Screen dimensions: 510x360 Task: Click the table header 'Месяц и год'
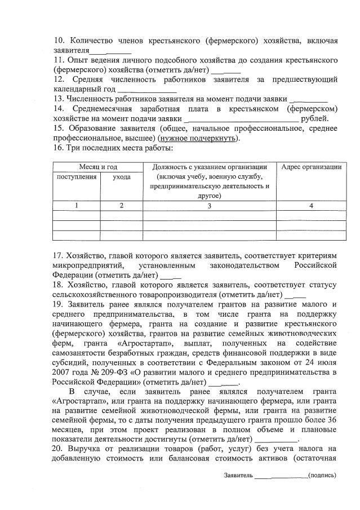pos(97,166)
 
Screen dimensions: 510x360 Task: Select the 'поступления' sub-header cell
pos(76,176)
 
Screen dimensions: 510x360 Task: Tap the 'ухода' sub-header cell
pos(121,176)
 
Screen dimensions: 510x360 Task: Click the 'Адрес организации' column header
pos(311,166)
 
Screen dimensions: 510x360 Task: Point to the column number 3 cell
pos(208,206)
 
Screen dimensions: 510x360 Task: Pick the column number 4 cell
pos(311,206)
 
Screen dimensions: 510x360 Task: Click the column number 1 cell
pos(76,206)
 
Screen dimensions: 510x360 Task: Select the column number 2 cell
pos(121,206)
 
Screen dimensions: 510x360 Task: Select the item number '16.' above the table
pos(59,148)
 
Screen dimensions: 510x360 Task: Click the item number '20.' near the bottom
pos(59,449)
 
